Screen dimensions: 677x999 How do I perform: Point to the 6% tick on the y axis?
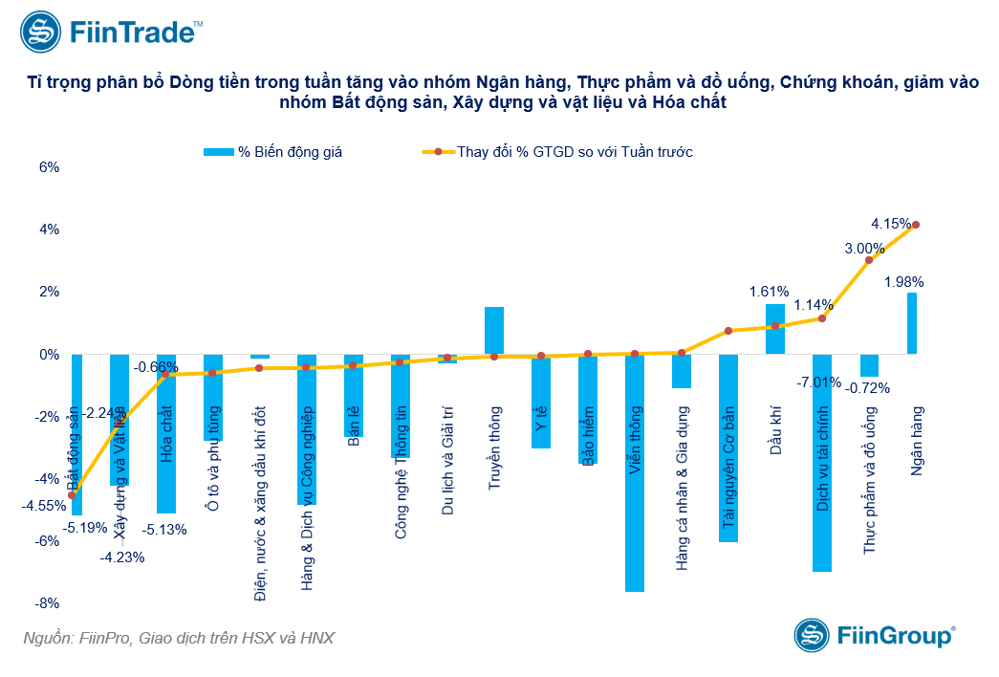[49, 166]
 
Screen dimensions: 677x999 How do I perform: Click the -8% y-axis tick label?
[47, 603]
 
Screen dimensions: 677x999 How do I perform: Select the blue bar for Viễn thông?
[635, 472]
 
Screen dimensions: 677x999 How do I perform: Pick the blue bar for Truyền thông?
[494, 331]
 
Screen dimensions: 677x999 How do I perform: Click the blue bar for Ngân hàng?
[912, 323]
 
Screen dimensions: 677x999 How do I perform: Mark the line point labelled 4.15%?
[916, 225]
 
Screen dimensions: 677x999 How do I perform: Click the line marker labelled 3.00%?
[869, 260]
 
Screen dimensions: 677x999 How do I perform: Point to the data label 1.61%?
[769, 292]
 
